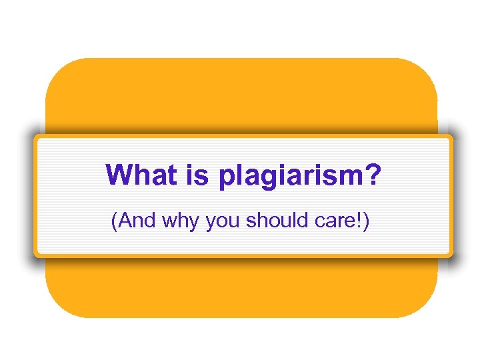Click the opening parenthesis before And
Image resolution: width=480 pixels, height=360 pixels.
(x=115, y=221)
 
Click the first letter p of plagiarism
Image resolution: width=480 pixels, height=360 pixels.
(x=226, y=178)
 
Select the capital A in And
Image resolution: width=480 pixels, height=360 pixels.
(x=125, y=221)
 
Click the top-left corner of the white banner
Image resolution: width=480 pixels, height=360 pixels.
(x=37, y=137)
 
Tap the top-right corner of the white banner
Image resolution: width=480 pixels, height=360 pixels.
(x=451, y=137)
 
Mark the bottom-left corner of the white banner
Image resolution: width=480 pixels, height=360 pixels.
(x=37, y=254)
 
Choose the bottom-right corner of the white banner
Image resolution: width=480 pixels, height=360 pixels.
(x=451, y=254)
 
